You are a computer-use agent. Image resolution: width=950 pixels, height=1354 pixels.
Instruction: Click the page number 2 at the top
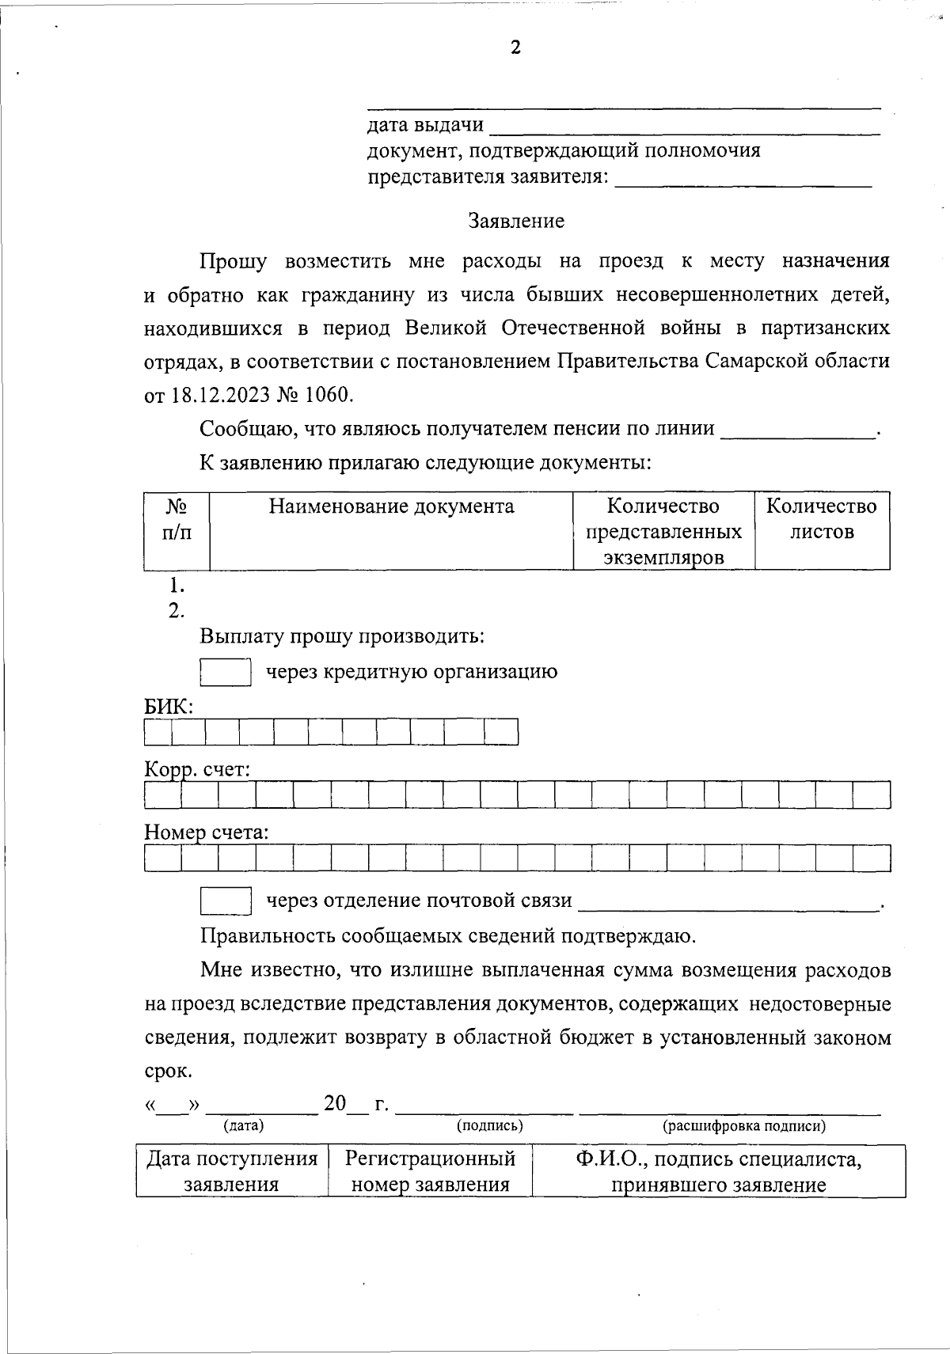tap(515, 48)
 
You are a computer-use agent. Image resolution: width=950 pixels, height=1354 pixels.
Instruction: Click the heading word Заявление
tap(516, 221)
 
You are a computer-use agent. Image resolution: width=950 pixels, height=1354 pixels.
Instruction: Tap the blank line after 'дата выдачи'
tap(685, 127)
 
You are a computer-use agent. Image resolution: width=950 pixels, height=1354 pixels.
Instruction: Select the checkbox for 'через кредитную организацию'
tap(226, 672)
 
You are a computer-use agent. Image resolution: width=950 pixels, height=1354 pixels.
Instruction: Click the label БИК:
tap(169, 707)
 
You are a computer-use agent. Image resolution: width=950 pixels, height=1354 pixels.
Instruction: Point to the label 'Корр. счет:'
tap(197, 769)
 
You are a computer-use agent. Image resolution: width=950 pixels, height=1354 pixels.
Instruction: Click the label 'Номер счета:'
tap(207, 833)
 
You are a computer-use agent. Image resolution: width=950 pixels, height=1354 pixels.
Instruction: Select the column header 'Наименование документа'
tap(391, 506)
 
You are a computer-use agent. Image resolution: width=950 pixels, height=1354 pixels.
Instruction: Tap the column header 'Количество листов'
tap(822, 518)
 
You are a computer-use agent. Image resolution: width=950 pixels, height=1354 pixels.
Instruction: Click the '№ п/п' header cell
tap(177, 518)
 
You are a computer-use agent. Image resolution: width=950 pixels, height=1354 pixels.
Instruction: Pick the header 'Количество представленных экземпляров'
tap(663, 531)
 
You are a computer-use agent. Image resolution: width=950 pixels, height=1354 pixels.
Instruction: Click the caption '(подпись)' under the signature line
tap(490, 1125)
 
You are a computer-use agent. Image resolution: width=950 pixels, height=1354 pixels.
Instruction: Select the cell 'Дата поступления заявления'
tap(231, 1171)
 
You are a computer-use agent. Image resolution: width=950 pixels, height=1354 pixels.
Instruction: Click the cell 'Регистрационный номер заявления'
tap(430, 1171)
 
